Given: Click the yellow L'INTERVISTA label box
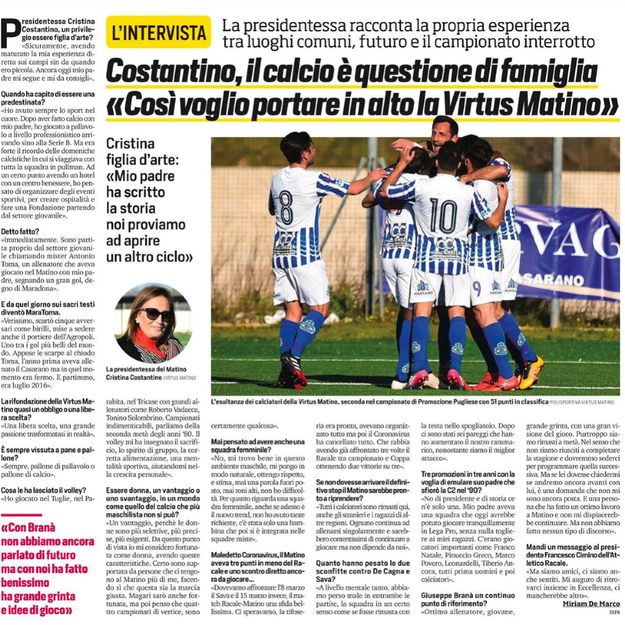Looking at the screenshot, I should [x=159, y=32].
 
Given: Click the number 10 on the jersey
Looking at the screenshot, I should [x=444, y=216].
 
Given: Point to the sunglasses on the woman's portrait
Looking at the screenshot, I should [x=155, y=314].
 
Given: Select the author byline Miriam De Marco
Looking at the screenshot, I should [x=591, y=604].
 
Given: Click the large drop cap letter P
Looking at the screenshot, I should [x=10, y=34].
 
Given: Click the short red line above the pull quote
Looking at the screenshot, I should [x=22, y=514].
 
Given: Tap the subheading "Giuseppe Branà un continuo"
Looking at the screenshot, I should [x=468, y=595].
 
